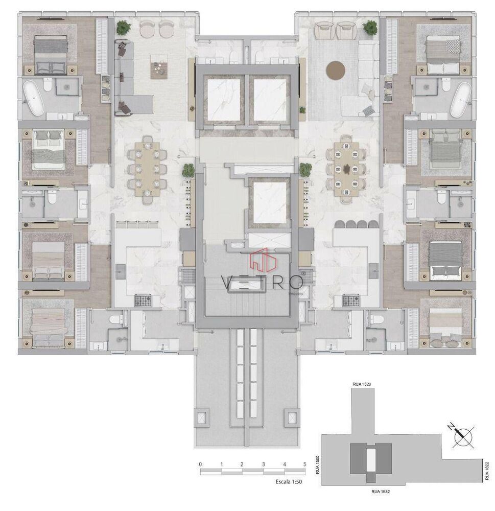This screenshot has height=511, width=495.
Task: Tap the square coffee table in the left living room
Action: click(159, 69)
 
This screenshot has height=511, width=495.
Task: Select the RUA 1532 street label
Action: click(380, 492)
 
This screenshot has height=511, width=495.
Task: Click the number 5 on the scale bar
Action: click(304, 464)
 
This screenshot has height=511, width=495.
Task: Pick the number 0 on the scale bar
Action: click(201, 464)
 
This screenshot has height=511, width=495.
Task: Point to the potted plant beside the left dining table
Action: click(188, 169)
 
